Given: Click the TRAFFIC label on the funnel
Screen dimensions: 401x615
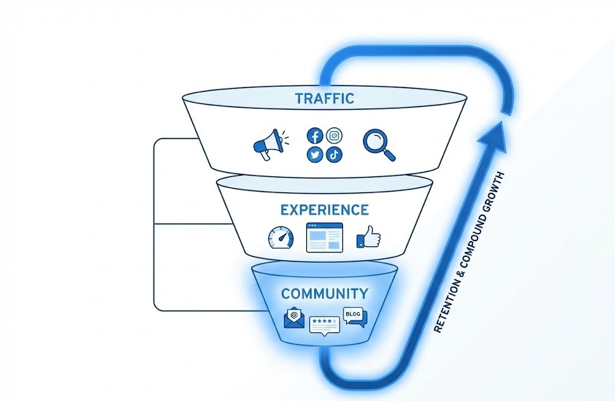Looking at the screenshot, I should point(324,98).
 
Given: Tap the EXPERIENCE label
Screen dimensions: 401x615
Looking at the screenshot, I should point(324,209).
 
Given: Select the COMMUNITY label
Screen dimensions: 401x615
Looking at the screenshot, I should point(324,294).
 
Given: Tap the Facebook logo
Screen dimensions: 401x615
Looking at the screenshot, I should point(315,136).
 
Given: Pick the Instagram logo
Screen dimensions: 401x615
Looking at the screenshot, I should point(334,135).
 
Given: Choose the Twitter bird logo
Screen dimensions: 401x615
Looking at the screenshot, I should point(315,154).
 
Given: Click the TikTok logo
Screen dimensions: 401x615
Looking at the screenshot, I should point(334,154).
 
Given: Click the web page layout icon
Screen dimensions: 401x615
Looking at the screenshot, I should point(324,238).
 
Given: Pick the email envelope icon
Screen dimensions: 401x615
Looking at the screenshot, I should point(294,318).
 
